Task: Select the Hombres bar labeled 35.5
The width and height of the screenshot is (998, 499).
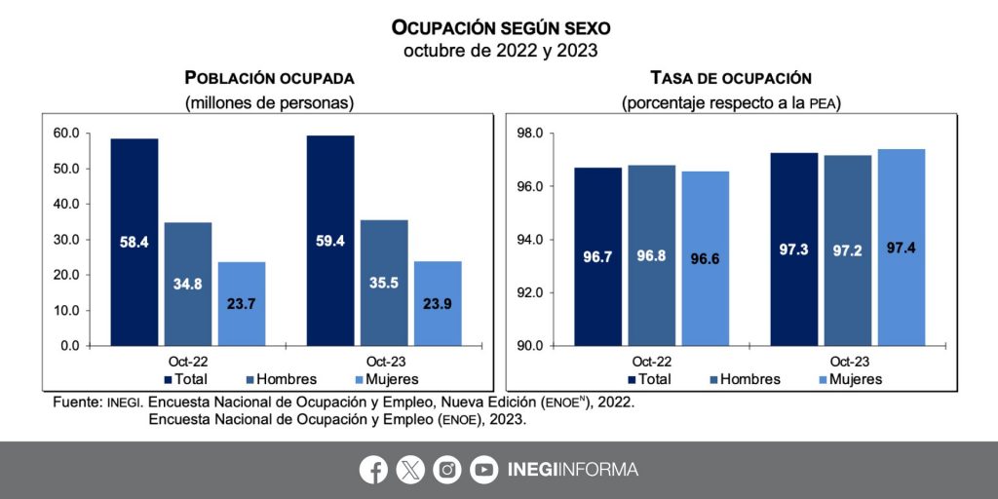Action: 384,283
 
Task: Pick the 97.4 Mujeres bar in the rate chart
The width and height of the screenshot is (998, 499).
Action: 901,248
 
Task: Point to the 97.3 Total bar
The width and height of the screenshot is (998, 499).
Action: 793,249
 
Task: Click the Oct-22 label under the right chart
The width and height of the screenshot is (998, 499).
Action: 651,361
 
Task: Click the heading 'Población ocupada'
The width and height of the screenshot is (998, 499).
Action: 269,78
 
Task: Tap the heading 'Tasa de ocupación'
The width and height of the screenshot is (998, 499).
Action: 731,78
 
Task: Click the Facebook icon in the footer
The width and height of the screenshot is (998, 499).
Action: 373,470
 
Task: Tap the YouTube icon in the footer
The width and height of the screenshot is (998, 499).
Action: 483,470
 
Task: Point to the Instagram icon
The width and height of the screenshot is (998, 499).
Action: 446,470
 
